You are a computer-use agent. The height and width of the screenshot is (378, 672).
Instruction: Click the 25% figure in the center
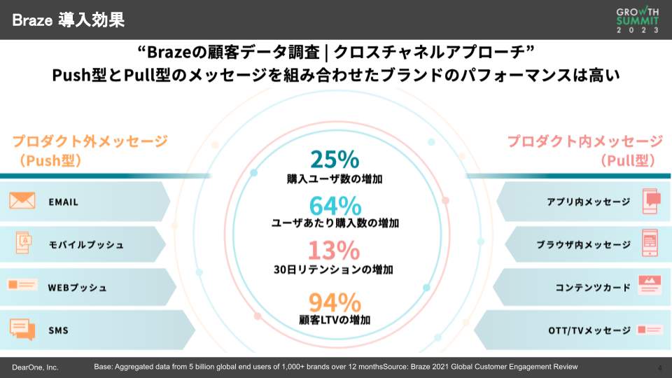[x=335, y=160]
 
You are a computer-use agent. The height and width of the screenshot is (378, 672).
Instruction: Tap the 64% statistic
[x=335, y=206]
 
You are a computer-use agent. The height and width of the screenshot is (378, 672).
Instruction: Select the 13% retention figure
[x=335, y=251]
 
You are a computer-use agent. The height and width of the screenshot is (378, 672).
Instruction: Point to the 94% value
[x=335, y=302]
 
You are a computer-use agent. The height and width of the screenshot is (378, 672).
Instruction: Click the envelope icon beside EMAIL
[x=22, y=202]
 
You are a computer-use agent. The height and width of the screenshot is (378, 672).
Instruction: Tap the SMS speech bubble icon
[x=22, y=329]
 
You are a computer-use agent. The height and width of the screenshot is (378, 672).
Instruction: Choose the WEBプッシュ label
[x=77, y=287]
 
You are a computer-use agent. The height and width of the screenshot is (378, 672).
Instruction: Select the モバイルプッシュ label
[x=86, y=245]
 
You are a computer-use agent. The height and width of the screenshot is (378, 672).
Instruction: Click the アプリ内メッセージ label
[x=588, y=202]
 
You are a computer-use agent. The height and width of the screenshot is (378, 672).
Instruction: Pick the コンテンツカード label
[x=593, y=287]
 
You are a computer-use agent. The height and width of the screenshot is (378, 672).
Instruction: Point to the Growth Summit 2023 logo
[x=638, y=20]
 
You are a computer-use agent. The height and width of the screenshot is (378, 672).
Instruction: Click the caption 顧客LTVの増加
[x=335, y=321]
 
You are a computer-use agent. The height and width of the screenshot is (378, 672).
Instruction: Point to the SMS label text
[x=58, y=330]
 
